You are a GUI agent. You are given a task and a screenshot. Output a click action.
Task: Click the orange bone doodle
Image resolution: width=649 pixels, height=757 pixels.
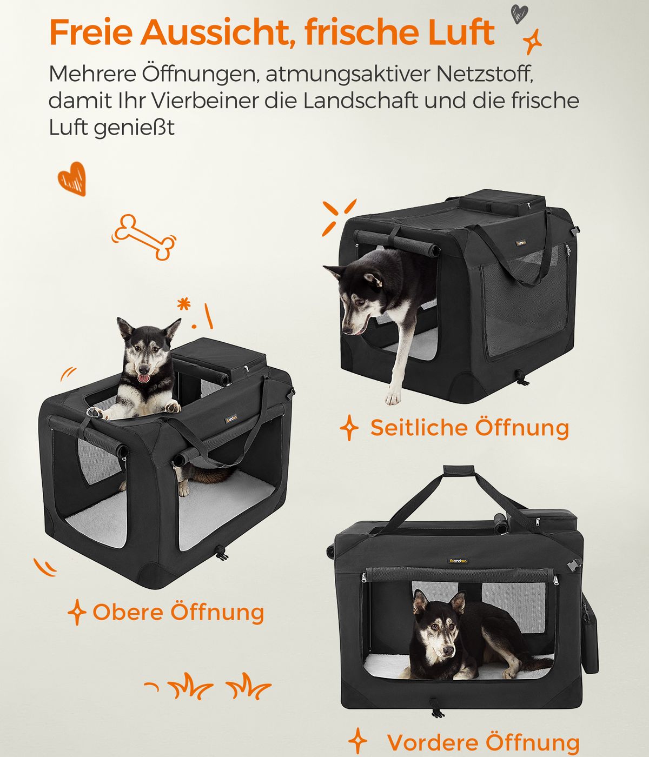click(143, 237)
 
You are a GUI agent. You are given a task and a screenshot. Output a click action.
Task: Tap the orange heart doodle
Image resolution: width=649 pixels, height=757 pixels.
click(72, 178)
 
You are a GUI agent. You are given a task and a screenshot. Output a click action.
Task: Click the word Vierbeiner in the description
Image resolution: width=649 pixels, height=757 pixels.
click(205, 101)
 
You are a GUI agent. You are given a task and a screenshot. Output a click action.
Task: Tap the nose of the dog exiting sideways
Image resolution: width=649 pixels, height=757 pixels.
click(347, 331)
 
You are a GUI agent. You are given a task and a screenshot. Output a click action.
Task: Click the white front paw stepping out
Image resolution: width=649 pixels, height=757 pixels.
click(393, 397)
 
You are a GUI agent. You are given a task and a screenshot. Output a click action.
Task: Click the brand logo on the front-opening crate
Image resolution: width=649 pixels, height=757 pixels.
click(458, 561)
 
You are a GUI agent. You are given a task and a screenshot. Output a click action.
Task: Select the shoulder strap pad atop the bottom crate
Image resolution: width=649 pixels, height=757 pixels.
click(459, 470)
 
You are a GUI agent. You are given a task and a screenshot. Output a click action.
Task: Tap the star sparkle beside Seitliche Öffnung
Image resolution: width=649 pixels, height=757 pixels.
click(349, 427)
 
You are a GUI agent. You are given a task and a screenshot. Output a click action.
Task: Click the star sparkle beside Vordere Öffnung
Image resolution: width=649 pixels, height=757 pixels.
click(357, 741)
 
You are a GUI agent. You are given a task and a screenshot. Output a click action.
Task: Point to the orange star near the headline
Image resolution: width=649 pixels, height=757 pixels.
click(532, 42)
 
